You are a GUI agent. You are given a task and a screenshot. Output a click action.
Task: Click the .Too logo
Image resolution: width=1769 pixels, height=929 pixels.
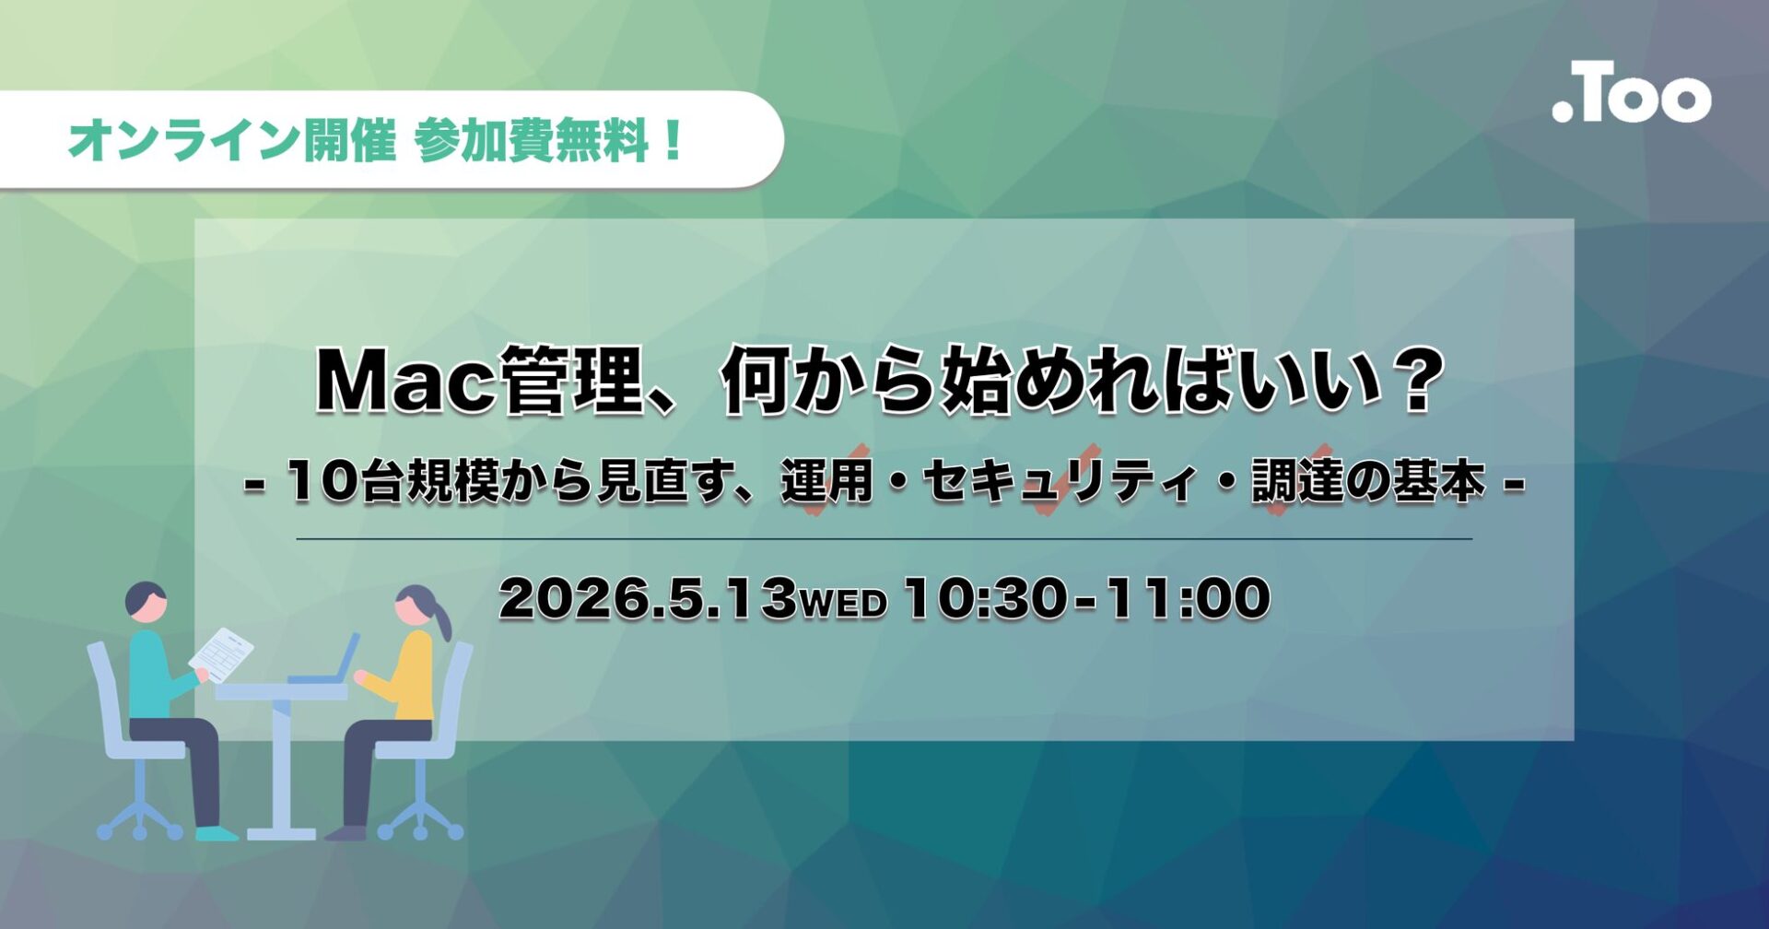(x=1631, y=93)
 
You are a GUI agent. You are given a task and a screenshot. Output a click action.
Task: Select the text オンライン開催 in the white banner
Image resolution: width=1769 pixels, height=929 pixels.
(x=231, y=141)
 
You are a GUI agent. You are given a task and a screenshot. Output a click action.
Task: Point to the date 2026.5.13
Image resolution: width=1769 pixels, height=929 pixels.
(x=646, y=598)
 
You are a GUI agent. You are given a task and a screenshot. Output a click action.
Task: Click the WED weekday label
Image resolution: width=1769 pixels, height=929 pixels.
(x=842, y=603)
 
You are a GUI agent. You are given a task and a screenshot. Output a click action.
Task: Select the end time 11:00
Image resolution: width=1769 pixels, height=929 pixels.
(x=1188, y=598)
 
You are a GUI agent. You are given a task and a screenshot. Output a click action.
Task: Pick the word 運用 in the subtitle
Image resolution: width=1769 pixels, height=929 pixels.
(x=826, y=482)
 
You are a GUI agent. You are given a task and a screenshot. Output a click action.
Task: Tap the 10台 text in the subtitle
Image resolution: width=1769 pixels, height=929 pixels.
(x=345, y=482)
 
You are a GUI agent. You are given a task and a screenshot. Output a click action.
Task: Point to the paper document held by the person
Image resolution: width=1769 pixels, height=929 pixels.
(x=221, y=653)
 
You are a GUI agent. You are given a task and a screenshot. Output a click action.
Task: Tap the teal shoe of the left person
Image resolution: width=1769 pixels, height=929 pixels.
(x=216, y=833)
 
